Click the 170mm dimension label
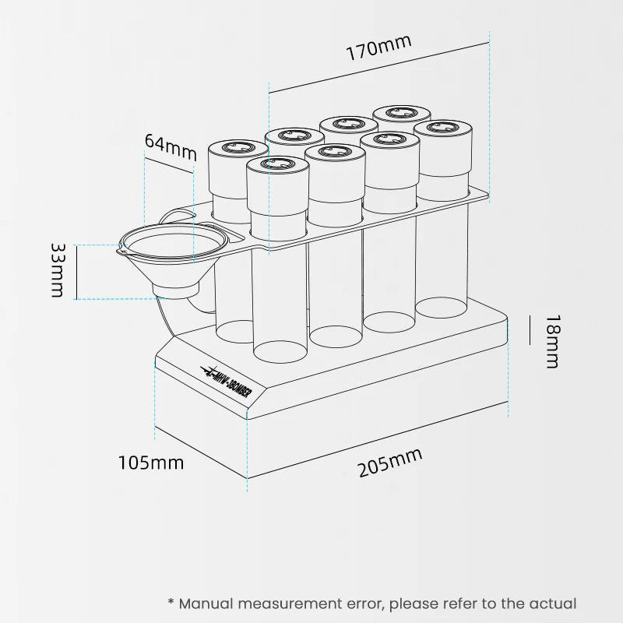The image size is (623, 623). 378,48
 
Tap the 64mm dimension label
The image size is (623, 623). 171,146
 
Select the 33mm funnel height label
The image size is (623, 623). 58,270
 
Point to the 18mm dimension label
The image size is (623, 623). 553,342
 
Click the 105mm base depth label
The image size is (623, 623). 151,463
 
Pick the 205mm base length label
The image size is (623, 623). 390,463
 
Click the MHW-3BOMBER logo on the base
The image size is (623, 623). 227,382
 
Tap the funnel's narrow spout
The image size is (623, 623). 175,290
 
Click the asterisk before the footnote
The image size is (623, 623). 171,601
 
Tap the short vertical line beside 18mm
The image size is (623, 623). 530,329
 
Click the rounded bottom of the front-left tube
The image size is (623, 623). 280,353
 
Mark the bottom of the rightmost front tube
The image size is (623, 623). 442,308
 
